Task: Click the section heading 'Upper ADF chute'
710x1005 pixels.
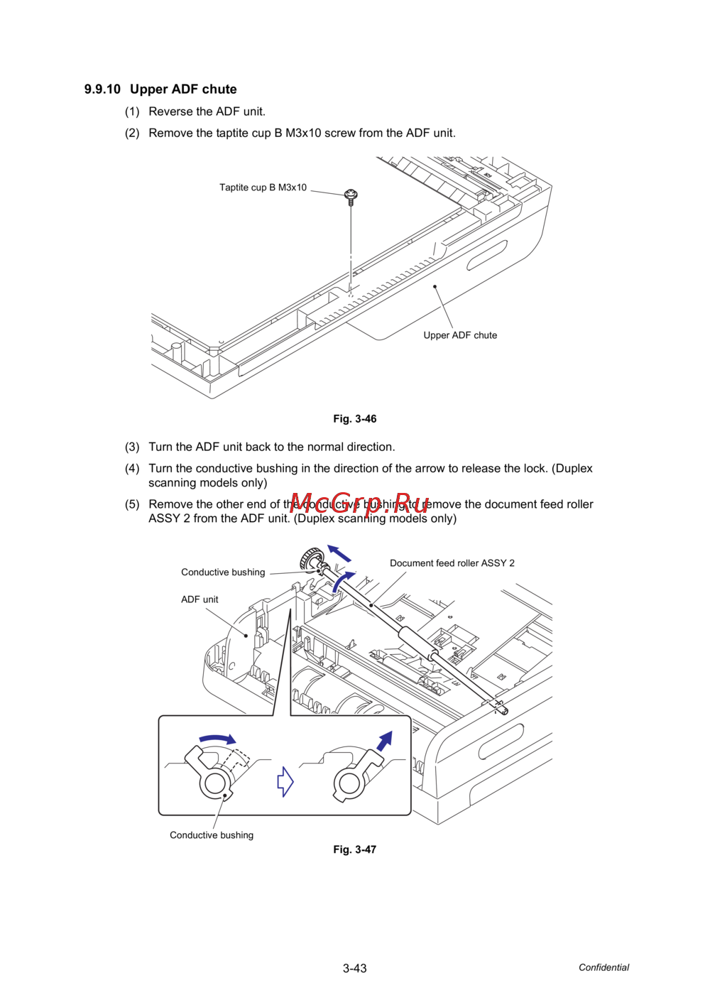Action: click(x=183, y=89)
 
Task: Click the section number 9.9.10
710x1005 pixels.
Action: click(x=102, y=89)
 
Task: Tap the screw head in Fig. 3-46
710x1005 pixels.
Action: click(x=351, y=194)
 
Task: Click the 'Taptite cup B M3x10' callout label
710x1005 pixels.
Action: click(x=263, y=188)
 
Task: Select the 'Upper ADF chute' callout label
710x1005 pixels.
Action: click(x=460, y=335)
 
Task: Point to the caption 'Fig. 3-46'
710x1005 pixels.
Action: click(x=355, y=419)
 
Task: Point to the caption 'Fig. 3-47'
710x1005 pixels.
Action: click(x=355, y=849)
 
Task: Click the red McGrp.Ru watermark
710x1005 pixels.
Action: click(x=359, y=504)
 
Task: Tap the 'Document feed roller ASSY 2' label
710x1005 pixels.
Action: click(x=452, y=563)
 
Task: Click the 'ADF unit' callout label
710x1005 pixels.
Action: click(x=200, y=599)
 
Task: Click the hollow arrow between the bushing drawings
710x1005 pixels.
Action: click(x=285, y=781)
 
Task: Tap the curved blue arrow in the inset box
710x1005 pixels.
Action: click(x=217, y=739)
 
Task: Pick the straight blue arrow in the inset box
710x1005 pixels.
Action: click(x=384, y=741)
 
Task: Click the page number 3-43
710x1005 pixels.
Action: click(x=355, y=968)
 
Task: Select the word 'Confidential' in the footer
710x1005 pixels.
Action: click(x=603, y=967)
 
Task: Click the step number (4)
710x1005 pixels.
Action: click(x=132, y=469)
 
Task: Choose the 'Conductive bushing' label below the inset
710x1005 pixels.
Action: click(x=212, y=835)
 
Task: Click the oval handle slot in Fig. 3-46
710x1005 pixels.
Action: click(x=487, y=255)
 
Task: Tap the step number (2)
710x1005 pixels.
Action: click(x=132, y=134)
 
